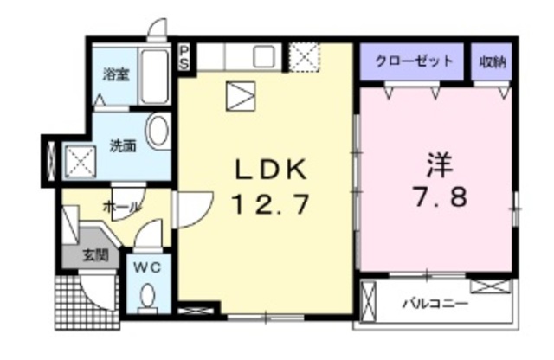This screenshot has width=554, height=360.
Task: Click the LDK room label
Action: pyautogui.click(x=267, y=169)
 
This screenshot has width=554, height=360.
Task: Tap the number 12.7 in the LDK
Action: pyautogui.click(x=267, y=205)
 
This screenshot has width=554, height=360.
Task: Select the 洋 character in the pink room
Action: pyautogui.click(x=436, y=164)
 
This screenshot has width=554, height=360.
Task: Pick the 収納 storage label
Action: pyautogui.click(x=494, y=61)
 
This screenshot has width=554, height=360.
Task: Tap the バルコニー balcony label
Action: pyautogui.click(x=434, y=305)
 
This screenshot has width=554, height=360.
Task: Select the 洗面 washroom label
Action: pyautogui.click(x=122, y=145)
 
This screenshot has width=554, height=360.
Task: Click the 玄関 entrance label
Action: pyautogui.click(x=94, y=255)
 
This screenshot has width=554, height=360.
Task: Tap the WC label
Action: pyautogui.click(x=148, y=267)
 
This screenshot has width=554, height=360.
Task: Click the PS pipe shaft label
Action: pyautogui.click(x=184, y=57)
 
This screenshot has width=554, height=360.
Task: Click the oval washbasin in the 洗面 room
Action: pyautogui.click(x=158, y=132)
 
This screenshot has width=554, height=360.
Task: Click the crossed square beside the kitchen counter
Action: pyautogui.click(x=304, y=57)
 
